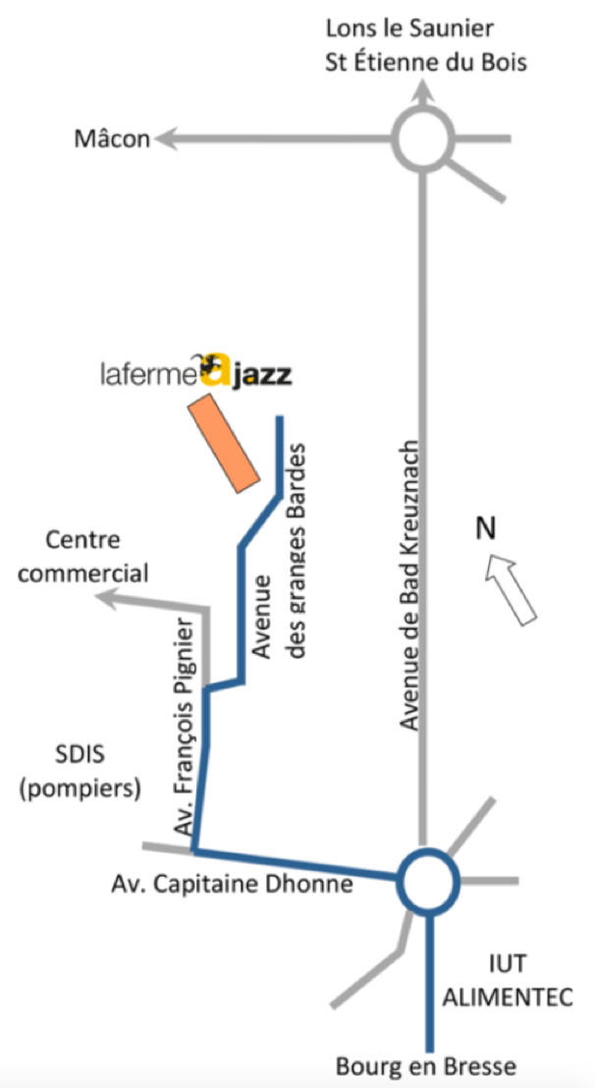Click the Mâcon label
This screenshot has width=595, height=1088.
click(x=112, y=138)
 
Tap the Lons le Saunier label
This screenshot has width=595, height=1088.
click(x=409, y=29)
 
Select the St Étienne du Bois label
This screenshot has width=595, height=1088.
click(x=426, y=63)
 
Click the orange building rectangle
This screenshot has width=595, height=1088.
click(x=224, y=443)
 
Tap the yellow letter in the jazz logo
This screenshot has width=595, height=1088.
click(x=216, y=371)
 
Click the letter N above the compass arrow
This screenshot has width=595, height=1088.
click(x=485, y=529)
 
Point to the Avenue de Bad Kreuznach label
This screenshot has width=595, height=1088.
click(x=409, y=585)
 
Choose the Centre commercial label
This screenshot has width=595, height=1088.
click(x=83, y=557)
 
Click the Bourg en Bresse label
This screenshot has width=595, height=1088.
click(x=426, y=1065)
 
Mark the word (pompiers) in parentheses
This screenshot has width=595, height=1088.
click(x=81, y=789)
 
